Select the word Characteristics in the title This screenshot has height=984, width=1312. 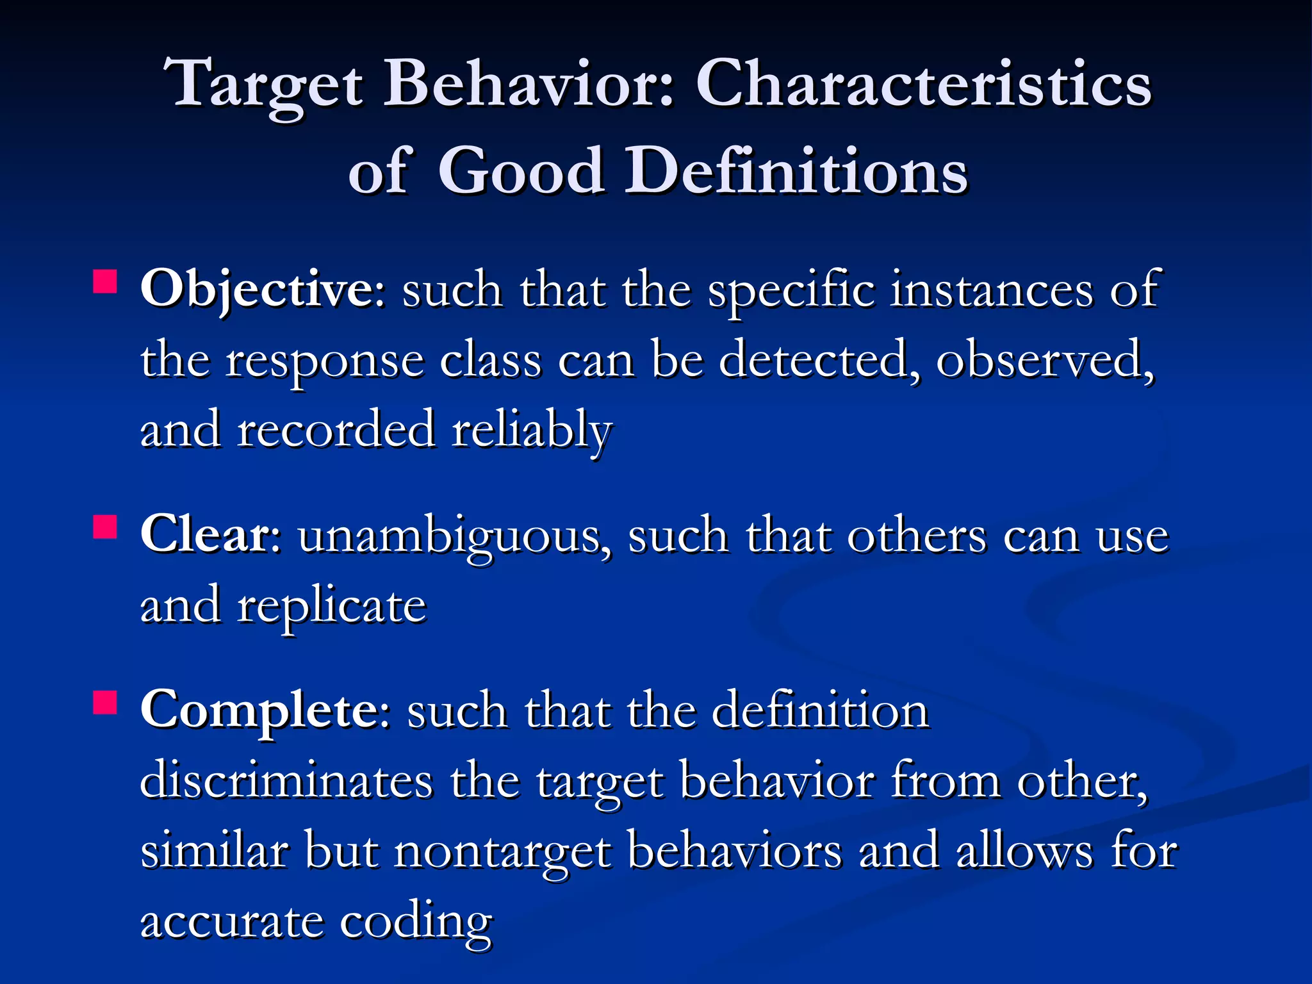923,83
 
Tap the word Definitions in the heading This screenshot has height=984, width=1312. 796,170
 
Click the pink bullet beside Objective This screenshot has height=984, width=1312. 105,282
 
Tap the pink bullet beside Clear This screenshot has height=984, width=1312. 105,528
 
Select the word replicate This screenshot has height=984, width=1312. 331,606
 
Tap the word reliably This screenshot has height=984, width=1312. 532,429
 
